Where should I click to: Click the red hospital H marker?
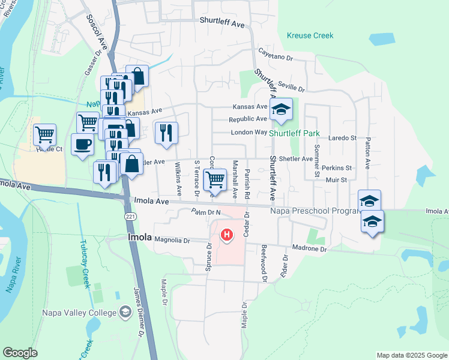226,235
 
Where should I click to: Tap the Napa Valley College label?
78,313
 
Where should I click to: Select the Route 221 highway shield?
130,215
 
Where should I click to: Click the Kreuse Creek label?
310,35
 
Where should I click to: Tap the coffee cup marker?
82,144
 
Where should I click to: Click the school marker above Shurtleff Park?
280,110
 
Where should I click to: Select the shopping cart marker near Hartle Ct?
45,135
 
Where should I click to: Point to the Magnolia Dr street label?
172,240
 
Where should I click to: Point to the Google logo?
20,352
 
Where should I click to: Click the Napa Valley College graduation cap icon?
125,311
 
